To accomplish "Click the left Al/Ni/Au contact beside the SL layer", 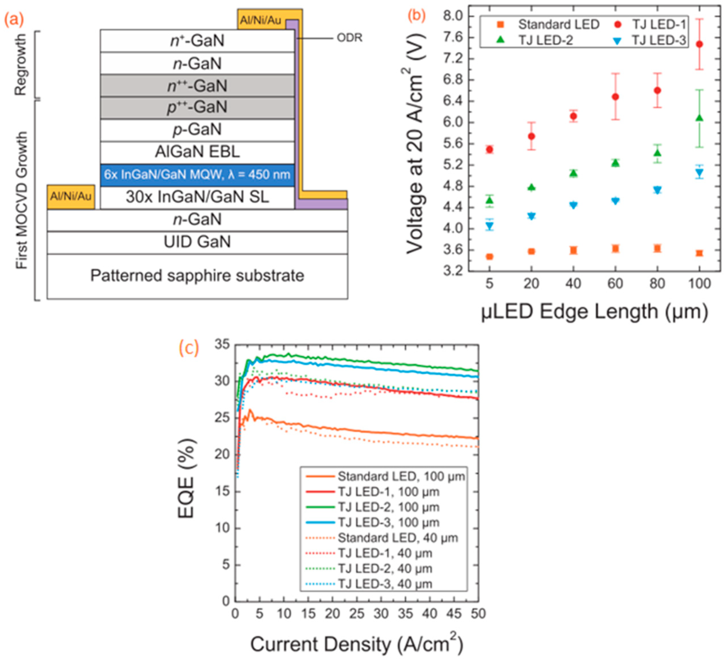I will (x=71, y=197).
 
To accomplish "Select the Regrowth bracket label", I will (x=21, y=65).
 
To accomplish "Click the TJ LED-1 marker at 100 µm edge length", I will (x=699, y=44).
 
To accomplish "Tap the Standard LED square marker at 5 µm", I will (x=489, y=257).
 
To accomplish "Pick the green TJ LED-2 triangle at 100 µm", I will (x=699, y=118).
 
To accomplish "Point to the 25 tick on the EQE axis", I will (x=222, y=418).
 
